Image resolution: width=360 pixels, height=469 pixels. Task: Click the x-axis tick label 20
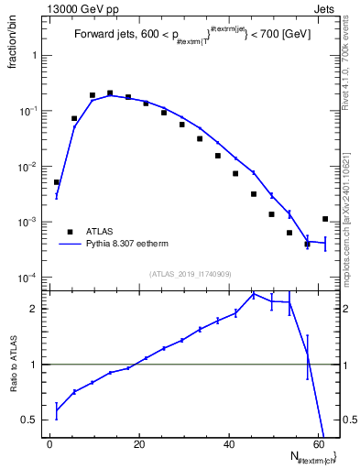[138, 443]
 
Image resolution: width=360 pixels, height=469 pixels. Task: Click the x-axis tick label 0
[49, 443]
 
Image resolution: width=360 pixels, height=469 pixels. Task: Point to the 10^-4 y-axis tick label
[32, 278]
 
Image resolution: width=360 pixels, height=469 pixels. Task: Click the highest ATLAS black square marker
[110, 93]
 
